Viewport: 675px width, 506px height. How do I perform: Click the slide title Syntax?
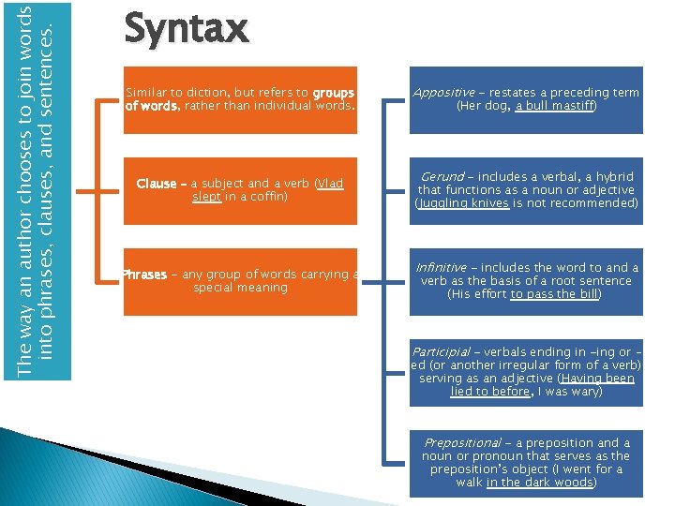(186, 28)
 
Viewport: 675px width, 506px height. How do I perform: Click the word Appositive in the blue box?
(442, 93)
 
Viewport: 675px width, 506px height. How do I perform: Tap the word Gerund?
(442, 176)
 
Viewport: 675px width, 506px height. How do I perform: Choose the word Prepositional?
(462, 442)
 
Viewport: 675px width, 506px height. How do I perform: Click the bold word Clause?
(156, 184)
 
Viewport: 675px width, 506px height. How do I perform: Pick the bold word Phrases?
(144, 275)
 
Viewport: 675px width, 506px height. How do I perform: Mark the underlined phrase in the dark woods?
(539, 482)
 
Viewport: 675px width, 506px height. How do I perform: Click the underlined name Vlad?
(330, 184)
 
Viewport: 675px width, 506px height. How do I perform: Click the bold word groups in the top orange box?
(334, 93)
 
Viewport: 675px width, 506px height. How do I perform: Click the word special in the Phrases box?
(213, 288)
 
